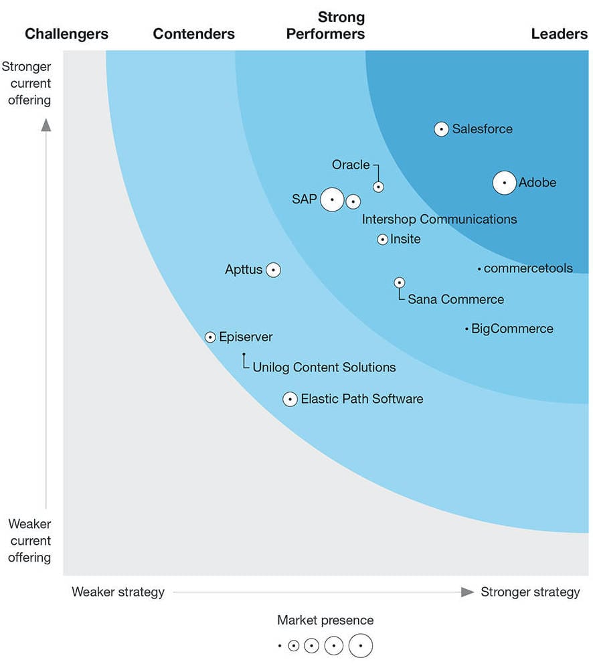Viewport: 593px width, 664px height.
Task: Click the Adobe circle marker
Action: [505, 183]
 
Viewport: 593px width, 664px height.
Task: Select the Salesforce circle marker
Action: [441, 129]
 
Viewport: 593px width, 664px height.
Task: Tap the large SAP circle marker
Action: [332, 199]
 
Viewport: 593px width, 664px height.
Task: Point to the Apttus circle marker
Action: [273, 270]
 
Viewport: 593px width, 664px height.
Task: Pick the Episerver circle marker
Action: [210, 337]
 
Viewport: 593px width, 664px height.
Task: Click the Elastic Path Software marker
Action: [290, 399]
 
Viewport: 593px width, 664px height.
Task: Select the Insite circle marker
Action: [382, 239]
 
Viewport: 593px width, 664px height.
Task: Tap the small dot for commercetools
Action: [479, 269]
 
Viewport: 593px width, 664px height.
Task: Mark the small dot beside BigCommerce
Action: [467, 329]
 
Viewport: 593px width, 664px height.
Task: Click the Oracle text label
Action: [351, 165]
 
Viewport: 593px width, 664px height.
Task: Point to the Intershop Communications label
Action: [439, 219]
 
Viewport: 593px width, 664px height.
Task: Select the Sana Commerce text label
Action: [456, 299]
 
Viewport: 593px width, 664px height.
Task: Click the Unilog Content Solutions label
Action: [324, 367]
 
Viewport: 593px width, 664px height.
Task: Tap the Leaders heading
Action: [559, 33]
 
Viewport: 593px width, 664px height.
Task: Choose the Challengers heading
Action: [66, 33]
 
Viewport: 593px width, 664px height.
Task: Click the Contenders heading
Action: [194, 33]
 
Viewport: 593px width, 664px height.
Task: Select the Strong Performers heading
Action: [326, 25]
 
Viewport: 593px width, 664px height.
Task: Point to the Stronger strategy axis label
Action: [530, 592]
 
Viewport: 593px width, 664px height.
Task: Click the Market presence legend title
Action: [325, 620]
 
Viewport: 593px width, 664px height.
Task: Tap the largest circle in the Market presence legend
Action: [360, 646]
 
